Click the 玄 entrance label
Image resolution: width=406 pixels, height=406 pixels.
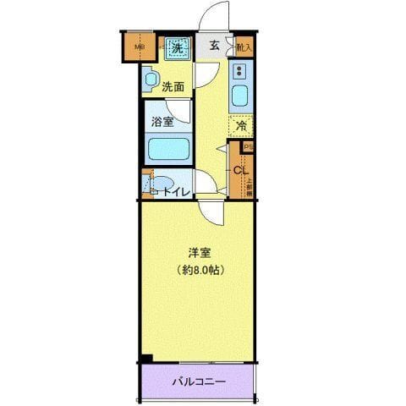215,47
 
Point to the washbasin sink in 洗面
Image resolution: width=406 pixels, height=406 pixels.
151,80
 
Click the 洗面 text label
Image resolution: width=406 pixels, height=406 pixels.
173,86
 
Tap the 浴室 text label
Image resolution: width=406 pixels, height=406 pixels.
163,121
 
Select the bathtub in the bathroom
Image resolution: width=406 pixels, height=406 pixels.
167,150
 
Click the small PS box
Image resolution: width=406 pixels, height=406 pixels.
248,146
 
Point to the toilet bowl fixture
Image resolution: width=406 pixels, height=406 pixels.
161,184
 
